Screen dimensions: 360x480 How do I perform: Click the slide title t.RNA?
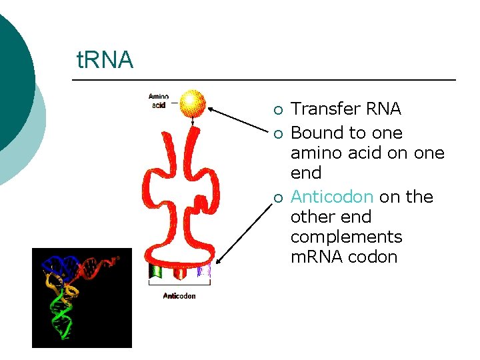pos(105,60)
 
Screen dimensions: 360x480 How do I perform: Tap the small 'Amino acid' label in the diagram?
pos(158,101)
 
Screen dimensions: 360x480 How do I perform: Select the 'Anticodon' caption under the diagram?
pos(179,295)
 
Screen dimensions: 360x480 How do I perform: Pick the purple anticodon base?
pos(203,270)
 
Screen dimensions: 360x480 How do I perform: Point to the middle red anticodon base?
pos(179,271)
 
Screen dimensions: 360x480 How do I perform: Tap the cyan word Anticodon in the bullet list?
pos(331,197)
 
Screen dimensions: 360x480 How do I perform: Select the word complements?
pos(346,237)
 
